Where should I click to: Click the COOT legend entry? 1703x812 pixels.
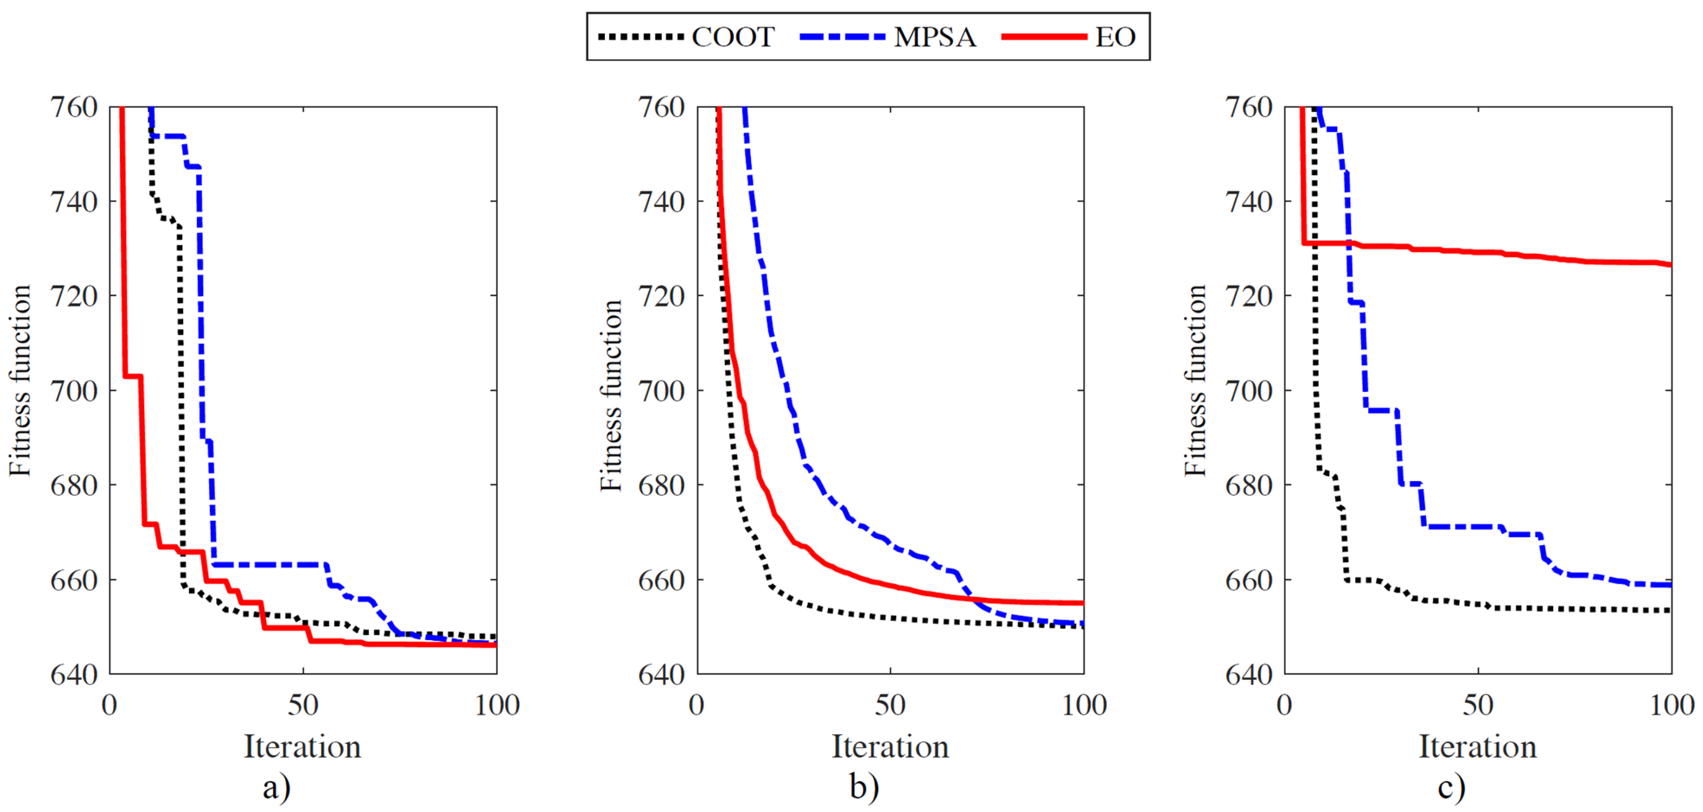pos(732,37)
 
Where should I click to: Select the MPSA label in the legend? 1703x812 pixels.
pos(935,37)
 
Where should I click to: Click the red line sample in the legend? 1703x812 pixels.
pos(1044,37)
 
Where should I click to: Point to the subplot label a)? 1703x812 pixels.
pos(276,787)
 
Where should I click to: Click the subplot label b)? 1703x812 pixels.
pos(864,787)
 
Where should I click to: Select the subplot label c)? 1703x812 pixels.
pos(1451,787)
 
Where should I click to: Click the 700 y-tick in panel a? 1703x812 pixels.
pos(74,391)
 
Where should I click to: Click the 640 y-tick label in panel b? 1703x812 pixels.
pos(661,675)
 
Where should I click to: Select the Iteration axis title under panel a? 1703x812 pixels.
pos(303,747)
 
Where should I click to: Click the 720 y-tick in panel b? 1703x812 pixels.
pos(661,296)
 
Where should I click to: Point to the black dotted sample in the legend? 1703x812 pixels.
pos(640,37)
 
